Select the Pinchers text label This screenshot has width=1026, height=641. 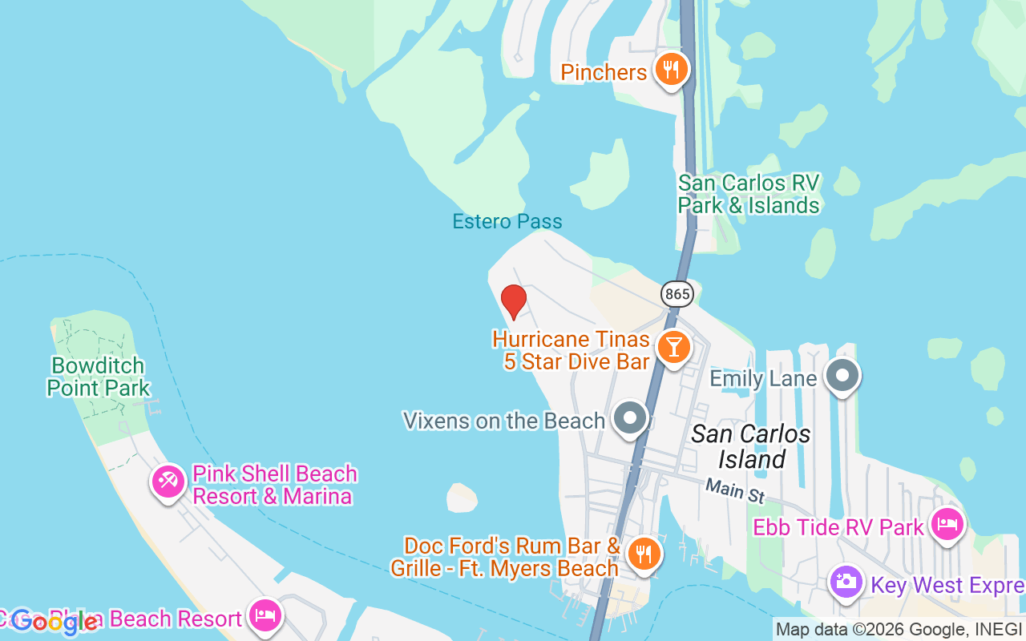tap(604, 73)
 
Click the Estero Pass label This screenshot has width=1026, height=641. tap(507, 221)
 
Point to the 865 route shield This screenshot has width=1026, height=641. tap(677, 294)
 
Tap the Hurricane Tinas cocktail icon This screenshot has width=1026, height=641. tap(673, 347)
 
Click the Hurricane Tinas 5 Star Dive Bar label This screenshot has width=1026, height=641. tap(571, 350)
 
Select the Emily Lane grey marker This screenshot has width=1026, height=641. tap(842, 375)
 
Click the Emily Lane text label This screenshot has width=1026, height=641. tap(764, 378)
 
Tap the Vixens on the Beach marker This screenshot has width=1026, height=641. tap(631, 417)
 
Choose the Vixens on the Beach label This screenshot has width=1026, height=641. tap(503, 421)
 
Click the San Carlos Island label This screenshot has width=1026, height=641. tap(751, 446)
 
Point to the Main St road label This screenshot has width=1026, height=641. tap(735, 490)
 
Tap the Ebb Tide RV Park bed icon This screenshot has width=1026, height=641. tap(947, 525)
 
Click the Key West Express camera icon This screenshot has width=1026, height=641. tap(846, 582)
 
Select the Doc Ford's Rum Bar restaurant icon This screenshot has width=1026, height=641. tap(643, 554)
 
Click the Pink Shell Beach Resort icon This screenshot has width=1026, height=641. tap(168, 482)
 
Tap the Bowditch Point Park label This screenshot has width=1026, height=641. tap(98, 377)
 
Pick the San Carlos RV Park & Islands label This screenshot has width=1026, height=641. tap(749, 194)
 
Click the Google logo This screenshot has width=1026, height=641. tap(55, 622)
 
